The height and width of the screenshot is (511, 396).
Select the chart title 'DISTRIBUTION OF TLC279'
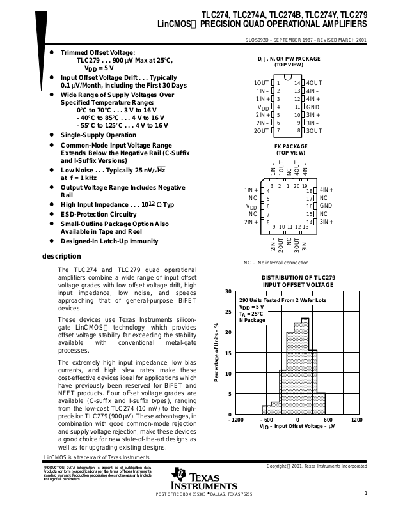pos(299,277)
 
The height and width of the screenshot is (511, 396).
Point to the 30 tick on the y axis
pos(228,291)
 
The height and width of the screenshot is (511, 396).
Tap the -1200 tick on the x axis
pos(236,420)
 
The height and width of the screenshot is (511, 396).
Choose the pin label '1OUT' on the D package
pos(261,83)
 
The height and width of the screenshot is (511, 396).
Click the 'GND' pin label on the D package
pos(313,107)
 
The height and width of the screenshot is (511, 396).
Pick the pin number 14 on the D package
pos(297,83)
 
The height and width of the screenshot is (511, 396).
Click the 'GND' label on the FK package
pos(326,206)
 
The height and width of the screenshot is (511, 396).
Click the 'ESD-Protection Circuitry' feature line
pos(99,214)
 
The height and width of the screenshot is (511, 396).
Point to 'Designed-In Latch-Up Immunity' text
pos(109,241)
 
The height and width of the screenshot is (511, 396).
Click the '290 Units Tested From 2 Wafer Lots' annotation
pos(282,300)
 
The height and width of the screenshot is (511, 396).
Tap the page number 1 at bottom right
pos(365,493)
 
